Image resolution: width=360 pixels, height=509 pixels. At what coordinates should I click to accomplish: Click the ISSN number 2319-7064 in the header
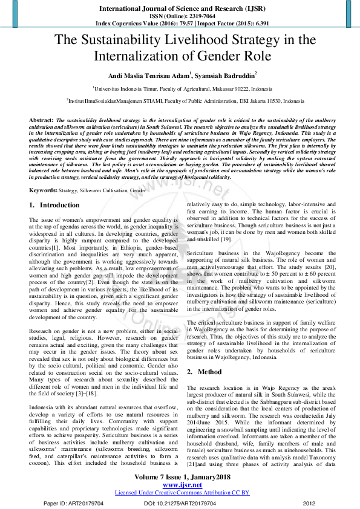(x=195, y=16)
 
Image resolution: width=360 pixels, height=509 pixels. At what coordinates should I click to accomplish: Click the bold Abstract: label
(x=41, y=121)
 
